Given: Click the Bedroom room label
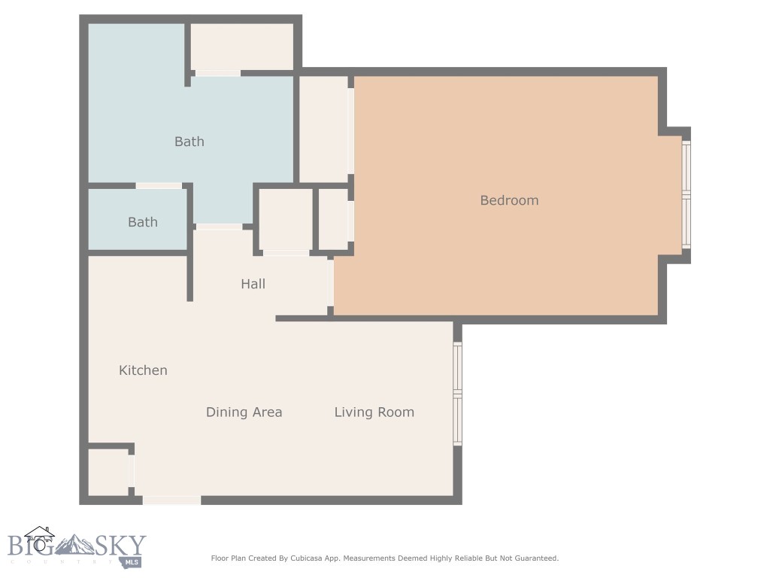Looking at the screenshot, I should click(509, 200).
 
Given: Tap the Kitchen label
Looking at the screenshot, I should click(143, 370).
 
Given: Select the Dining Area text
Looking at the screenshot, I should click(244, 412).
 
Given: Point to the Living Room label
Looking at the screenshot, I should click(374, 412).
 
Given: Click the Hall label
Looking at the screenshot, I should click(253, 284).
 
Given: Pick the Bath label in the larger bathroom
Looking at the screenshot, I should click(189, 141).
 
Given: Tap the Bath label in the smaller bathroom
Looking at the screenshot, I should click(142, 222).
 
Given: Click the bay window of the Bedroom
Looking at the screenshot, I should click(686, 195).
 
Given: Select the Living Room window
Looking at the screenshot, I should click(457, 394).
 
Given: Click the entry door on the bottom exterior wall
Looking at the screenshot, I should click(171, 500).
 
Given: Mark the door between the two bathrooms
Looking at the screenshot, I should click(159, 186).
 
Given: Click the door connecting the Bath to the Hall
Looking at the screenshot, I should click(219, 227).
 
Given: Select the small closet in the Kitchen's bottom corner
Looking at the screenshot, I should click(108, 472).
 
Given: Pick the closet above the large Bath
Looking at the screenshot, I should click(241, 47).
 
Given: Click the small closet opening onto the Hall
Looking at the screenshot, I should click(285, 219).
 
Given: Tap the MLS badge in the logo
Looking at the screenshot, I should click(134, 561).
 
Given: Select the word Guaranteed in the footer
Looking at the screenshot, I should click(533, 558).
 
